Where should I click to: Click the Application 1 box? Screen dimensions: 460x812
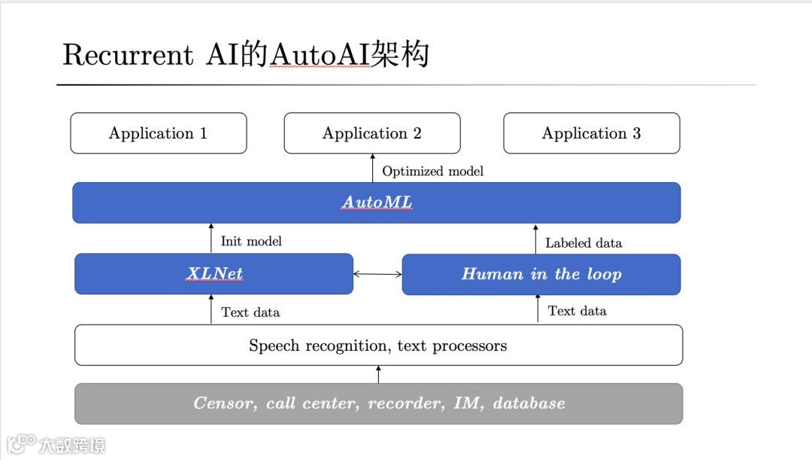[158, 133]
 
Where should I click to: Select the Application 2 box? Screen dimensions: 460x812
[371, 133]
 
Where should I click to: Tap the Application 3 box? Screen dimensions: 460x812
[591, 133]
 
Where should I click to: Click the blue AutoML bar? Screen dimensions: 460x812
[376, 203]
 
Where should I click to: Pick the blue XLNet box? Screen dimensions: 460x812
[214, 274]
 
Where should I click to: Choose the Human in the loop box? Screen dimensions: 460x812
[541, 274]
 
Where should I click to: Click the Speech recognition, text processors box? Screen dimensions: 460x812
[378, 346]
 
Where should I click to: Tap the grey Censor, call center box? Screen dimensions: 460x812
[378, 404]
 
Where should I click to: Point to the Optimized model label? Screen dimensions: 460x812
[432, 171]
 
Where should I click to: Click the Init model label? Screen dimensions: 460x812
[251, 242]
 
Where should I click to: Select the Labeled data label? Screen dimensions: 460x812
[583, 242]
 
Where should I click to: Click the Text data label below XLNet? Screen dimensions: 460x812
[250, 312]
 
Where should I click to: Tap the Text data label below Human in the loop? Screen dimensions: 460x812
[577, 310]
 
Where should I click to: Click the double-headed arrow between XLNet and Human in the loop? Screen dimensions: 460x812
[377, 274]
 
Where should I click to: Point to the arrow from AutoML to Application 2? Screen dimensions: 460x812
[372, 168]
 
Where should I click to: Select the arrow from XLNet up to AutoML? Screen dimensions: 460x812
[211, 238]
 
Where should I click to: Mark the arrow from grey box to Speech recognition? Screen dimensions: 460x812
[378, 374]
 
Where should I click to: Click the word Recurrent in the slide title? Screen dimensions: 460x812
[128, 55]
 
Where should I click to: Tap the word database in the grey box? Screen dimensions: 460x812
[529, 404]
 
